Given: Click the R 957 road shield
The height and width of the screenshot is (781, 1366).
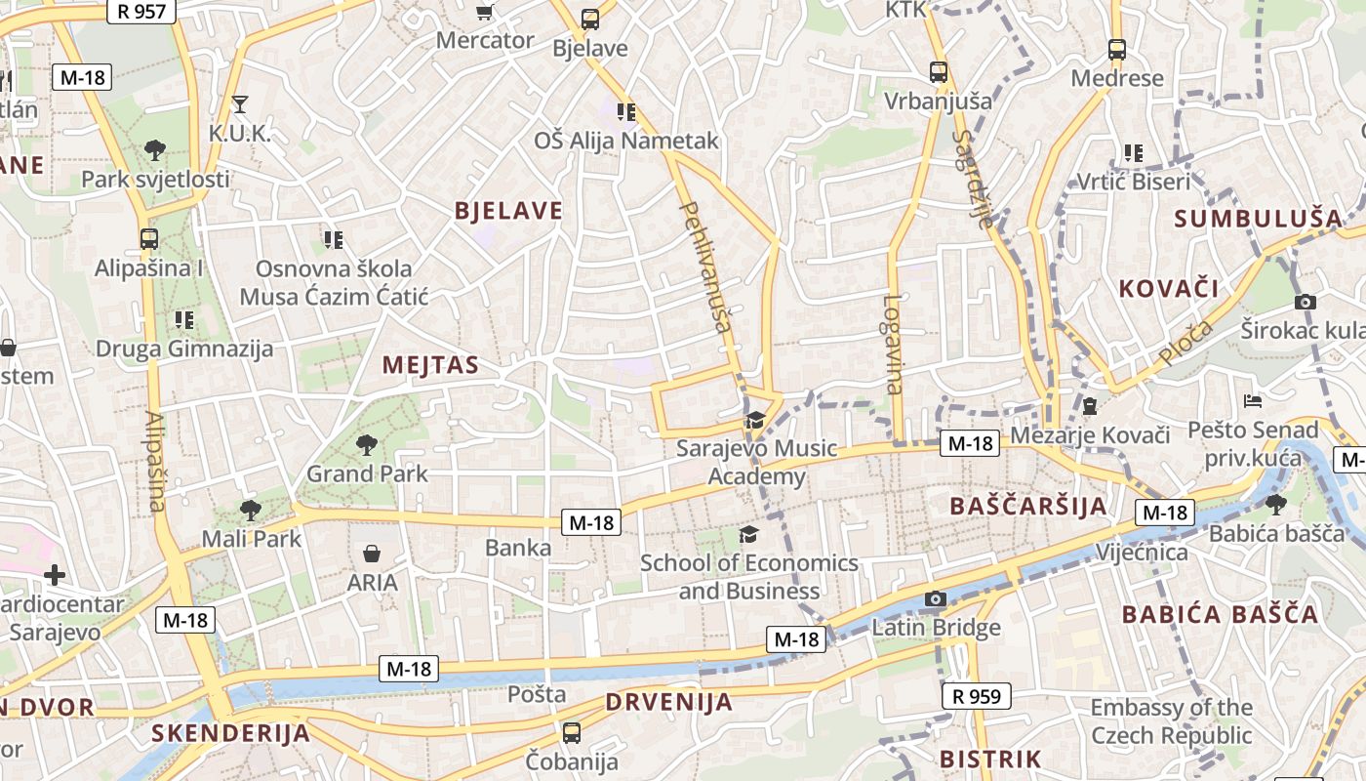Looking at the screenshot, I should [x=141, y=12].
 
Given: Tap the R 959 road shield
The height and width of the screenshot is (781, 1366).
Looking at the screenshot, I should [x=976, y=696].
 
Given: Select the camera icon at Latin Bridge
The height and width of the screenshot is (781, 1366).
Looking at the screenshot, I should [x=936, y=598].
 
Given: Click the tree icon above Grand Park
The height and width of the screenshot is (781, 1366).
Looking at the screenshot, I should [x=367, y=446].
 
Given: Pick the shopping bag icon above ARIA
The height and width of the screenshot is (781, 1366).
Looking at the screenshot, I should [x=372, y=555].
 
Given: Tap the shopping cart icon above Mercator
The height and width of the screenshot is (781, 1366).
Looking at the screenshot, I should [x=484, y=12].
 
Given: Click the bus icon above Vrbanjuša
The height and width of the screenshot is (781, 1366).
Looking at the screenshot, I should [x=938, y=71].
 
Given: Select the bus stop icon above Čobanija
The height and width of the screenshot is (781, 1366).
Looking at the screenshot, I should [x=572, y=732].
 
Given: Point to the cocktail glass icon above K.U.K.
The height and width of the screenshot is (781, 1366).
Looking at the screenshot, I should [x=240, y=103].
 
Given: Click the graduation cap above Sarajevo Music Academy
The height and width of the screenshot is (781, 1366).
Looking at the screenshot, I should [x=755, y=421].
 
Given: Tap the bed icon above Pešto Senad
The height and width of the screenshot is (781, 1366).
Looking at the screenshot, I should [x=1253, y=400].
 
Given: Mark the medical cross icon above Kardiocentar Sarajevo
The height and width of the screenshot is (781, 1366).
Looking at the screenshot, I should [x=55, y=575].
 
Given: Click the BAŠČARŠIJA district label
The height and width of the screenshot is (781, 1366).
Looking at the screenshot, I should [x=1028, y=506].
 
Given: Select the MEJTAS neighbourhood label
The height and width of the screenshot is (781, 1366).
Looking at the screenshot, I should [x=430, y=365].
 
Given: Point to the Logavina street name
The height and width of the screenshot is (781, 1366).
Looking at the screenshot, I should [x=893, y=344].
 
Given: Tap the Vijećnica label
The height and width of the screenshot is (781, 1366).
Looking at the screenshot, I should [x=1142, y=553].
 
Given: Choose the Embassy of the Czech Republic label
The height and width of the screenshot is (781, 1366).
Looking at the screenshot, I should [x=1171, y=720].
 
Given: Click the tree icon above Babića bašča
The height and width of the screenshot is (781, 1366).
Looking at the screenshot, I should [x=1275, y=504].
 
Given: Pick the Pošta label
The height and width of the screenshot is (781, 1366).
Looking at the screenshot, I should [x=537, y=694].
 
